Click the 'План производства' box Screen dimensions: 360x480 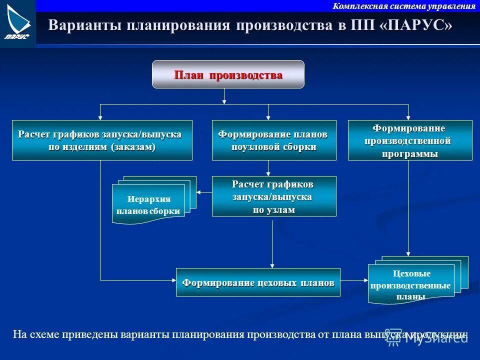pyautogui.click(x=228, y=74)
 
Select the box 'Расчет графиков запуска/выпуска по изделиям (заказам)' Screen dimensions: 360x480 pyautogui.click(x=102, y=140)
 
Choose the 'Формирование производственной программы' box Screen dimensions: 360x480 pyautogui.click(x=410, y=140)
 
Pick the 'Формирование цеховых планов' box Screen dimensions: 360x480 pyautogui.click(x=258, y=282)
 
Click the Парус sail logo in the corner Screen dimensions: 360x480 pyautogui.click(x=18, y=23)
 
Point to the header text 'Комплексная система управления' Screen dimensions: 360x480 pyautogui.click(x=404, y=6)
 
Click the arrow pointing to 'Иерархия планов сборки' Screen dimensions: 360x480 pyautogui.click(x=204, y=191)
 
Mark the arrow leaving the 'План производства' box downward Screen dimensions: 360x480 pyautogui.click(x=224, y=96)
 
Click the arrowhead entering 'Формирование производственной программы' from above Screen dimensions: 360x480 pyautogui.click(x=408, y=117)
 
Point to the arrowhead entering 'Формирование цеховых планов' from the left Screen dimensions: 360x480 pyautogui.click(x=173, y=279)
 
